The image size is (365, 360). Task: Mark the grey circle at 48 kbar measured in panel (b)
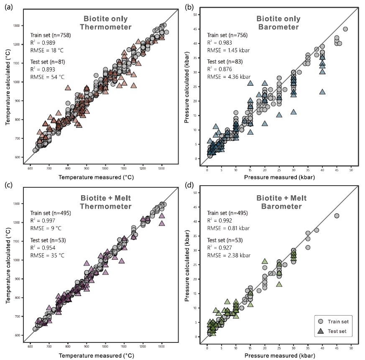pyautogui.click(x=345, y=29)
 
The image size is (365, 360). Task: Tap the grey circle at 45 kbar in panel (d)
pyautogui.click(x=337, y=216)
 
